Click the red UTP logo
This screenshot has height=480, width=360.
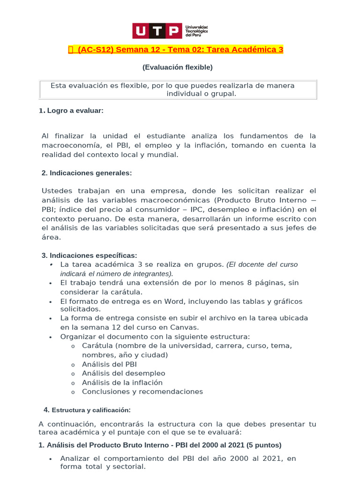(x=157, y=31)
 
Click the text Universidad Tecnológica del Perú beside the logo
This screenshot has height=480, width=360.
(x=197, y=31)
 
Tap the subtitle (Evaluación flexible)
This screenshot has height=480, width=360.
(x=178, y=67)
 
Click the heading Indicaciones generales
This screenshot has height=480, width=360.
(x=87, y=173)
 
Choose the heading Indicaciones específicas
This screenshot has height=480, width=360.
(x=89, y=255)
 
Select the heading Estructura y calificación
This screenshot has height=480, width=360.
(x=90, y=410)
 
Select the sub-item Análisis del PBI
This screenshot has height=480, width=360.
(x=109, y=364)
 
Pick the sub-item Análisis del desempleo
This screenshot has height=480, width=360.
(x=123, y=373)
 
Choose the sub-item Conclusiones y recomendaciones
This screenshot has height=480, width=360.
(x=142, y=391)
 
